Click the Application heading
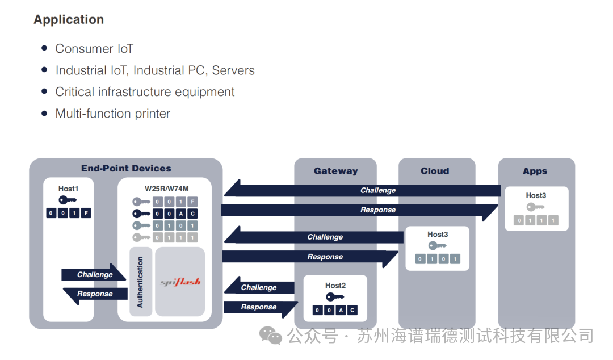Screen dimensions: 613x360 tap(69, 19)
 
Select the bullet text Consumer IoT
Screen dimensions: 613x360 tap(94, 48)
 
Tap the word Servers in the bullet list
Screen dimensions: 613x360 tap(233, 70)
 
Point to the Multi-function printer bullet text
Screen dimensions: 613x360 tap(112, 114)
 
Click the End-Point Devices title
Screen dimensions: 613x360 tap(126, 168)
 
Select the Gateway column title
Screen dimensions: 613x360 tap(335, 171)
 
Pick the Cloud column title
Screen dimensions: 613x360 tap(435, 171)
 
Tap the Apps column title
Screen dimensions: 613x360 tap(535, 171)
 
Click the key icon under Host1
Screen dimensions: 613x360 tap(67, 200)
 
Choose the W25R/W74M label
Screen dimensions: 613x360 tap(166, 189)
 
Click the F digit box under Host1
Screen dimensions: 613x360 tap(86, 213)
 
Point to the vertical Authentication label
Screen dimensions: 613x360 tap(140, 282)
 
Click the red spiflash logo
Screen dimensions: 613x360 tap(180, 282)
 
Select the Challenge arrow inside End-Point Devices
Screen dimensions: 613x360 tap(94, 273)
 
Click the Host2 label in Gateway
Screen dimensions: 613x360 tap(335, 286)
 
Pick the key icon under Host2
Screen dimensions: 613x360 tap(335, 297)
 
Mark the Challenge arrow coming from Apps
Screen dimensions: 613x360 tap(362, 190)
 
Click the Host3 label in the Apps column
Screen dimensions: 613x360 tap(536, 195)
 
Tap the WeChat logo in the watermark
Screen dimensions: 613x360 tap(271, 336)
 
